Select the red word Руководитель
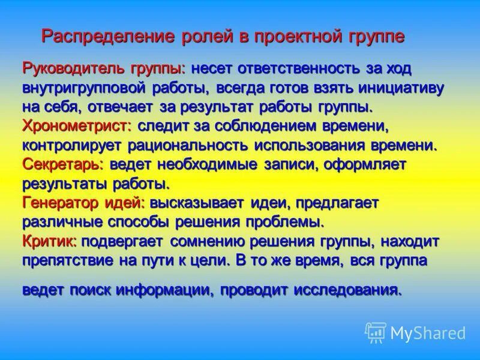tap(66, 68)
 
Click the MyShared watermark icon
tap(376, 332)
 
